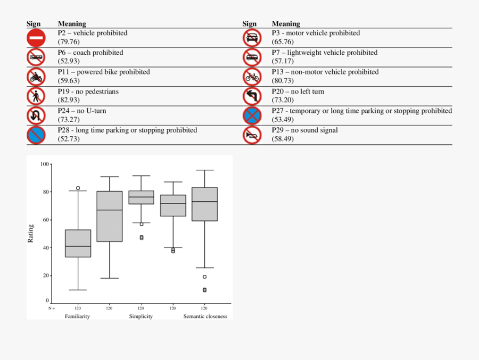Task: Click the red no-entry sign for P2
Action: tap(36, 38)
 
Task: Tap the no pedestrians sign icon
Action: tap(36, 96)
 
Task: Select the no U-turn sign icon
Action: tap(36, 116)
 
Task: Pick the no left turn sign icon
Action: tap(252, 96)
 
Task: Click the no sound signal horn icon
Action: tap(252, 135)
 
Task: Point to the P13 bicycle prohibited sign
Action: tap(252, 77)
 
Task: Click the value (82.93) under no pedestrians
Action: tap(69, 100)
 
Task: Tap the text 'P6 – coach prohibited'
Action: tap(90, 53)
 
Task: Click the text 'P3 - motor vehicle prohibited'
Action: tap(316, 33)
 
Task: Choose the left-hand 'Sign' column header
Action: tap(34, 24)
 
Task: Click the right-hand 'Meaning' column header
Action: tap(286, 24)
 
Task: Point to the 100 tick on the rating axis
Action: tap(44, 164)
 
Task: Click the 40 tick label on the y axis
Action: tap(45, 248)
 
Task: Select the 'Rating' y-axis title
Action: tap(31, 233)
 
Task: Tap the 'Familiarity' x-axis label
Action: tap(77, 316)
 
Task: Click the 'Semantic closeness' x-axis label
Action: tap(205, 316)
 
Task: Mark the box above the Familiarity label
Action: tap(78, 243)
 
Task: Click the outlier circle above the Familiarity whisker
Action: tap(78, 188)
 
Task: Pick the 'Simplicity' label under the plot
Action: tap(141, 316)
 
